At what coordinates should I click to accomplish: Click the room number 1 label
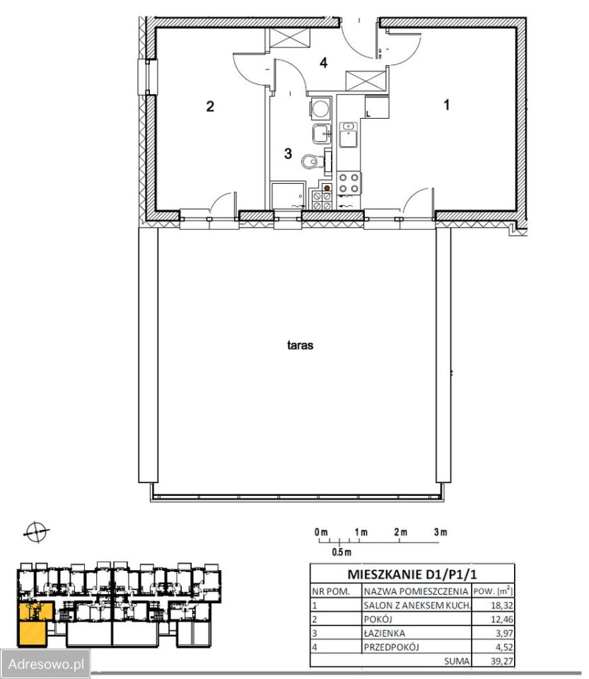(x=447, y=105)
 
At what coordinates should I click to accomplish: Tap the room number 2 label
(x=210, y=107)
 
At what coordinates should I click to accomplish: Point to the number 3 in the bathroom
(x=288, y=153)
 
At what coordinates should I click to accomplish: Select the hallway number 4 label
(x=324, y=63)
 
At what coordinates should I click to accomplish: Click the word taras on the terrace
(x=300, y=345)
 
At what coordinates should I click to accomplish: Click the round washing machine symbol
(x=320, y=108)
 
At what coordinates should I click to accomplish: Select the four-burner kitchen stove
(x=349, y=182)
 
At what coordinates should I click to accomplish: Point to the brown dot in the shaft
(x=327, y=188)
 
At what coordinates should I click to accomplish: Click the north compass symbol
(x=36, y=532)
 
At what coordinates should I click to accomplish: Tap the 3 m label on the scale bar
(x=441, y=532)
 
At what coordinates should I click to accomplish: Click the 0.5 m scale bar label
(x=342, y=552)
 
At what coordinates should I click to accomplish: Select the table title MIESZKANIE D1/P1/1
(x=412, y=574)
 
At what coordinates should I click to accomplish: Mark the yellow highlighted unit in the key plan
(x=34, y=624)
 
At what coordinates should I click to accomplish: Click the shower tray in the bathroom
(x=287, y=195)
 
